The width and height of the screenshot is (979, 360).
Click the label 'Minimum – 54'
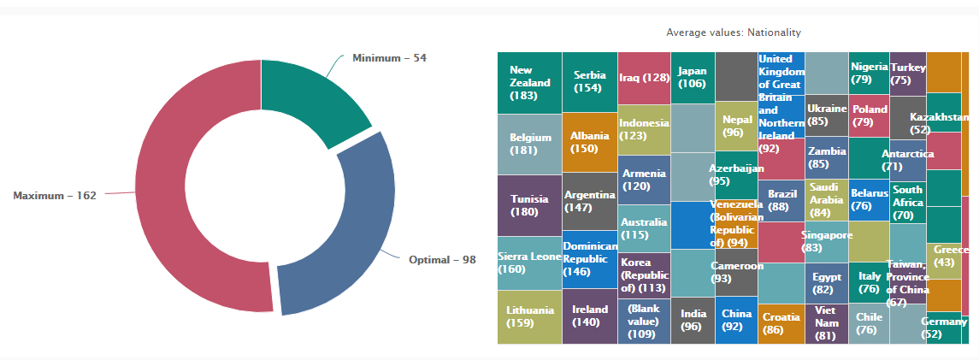point(389,57)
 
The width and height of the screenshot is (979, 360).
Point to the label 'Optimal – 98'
point(441,259)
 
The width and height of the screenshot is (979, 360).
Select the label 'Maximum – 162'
point(55,196)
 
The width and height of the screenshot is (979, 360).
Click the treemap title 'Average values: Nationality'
point(733,32)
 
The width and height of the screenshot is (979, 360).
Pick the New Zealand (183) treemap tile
point(529,83)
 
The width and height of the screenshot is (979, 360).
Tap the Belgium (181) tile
point(529,144)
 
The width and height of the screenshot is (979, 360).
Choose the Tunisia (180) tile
point(529,205)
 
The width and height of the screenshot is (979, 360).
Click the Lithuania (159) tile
point(529,317)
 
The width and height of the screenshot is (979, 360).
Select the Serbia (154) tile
point(589,81)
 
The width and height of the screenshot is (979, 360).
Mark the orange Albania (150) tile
point(589,142)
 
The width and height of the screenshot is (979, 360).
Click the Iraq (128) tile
point(643,77)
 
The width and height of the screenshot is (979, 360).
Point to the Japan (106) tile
point(692,77)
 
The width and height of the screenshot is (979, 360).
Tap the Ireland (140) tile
point(589,316)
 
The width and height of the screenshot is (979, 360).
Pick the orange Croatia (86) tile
point(781,324)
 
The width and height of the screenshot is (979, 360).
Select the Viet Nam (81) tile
point(825,324)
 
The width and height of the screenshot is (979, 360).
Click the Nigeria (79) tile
point(868,73)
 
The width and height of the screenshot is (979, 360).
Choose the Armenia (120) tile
point(643,180)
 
